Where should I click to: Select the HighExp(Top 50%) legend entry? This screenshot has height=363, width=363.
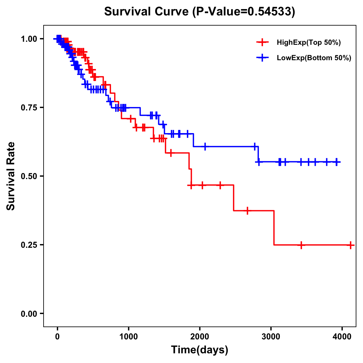coord(309,43)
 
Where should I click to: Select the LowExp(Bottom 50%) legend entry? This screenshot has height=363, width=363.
coord(314,58)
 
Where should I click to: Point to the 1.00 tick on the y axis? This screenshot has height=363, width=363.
coord(29,39)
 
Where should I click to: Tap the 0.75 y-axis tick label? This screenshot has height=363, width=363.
coord(29,108)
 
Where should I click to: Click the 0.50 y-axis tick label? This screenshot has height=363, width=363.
coord(29,176)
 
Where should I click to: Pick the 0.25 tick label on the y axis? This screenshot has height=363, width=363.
coord(29,245)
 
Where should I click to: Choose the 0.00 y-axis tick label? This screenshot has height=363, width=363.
coord(29,314)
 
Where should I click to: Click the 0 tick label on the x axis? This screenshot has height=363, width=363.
coord(57,336)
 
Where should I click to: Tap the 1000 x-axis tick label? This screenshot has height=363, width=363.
coord(129,336)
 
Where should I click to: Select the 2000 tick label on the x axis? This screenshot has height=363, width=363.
coord(200,336)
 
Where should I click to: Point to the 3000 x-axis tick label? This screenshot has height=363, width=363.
coord(271,336)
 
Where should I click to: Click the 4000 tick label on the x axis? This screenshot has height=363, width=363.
coord(342,336)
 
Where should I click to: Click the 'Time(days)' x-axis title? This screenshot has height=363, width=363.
coord(200,350)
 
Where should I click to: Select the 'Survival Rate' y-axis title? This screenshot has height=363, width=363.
coord(11,176)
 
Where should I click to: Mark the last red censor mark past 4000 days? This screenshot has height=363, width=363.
coord(350,245)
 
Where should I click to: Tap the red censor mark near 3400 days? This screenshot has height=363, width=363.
coord(301,245)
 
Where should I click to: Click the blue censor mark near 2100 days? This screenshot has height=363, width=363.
coord(205,146)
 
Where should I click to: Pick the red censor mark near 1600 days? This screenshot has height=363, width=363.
coord(171,153)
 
